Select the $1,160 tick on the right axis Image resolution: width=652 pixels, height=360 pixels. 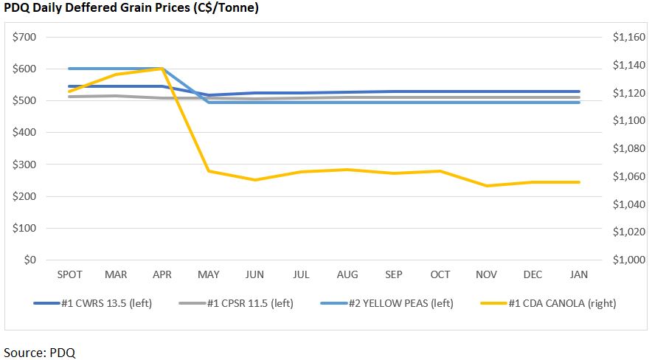[626, 37]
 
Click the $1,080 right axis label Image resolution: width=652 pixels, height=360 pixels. [626, 148]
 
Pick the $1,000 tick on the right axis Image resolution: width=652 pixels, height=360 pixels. [626, 260]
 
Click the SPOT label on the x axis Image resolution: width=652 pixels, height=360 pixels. [69, 274]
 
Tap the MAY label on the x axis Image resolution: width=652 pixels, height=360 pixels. [209, 274]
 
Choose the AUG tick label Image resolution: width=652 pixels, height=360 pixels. [347, 274]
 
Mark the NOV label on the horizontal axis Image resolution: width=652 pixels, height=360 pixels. [486, 274]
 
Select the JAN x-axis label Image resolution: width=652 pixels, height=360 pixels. [579, 274]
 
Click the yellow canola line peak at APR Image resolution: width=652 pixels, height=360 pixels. [162, 69]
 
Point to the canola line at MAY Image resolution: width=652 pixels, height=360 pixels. [209, 171]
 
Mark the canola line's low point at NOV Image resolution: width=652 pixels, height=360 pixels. [486, 186]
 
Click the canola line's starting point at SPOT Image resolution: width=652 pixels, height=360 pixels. [69, 91]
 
